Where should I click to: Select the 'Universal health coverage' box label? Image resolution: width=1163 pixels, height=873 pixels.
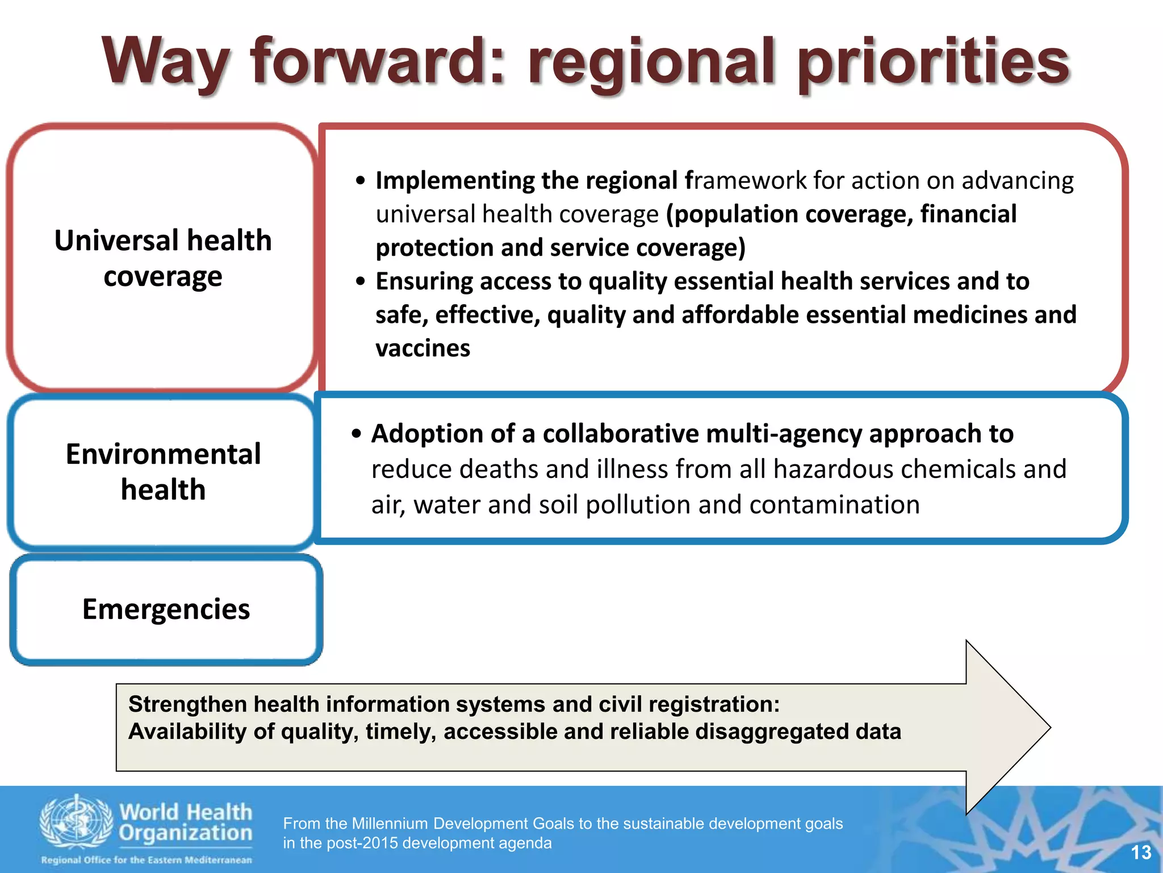163,258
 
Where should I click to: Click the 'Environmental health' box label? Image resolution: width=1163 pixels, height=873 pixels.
163,472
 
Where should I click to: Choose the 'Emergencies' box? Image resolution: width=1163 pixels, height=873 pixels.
166,609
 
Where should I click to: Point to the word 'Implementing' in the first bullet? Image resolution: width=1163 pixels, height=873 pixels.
454,181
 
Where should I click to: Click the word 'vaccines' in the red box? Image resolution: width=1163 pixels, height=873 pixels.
423,348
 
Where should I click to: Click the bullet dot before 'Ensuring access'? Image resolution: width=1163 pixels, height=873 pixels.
360,281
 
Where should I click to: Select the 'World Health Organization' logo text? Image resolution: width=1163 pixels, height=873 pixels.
185,822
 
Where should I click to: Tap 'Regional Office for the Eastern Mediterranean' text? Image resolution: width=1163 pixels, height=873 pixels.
146,860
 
